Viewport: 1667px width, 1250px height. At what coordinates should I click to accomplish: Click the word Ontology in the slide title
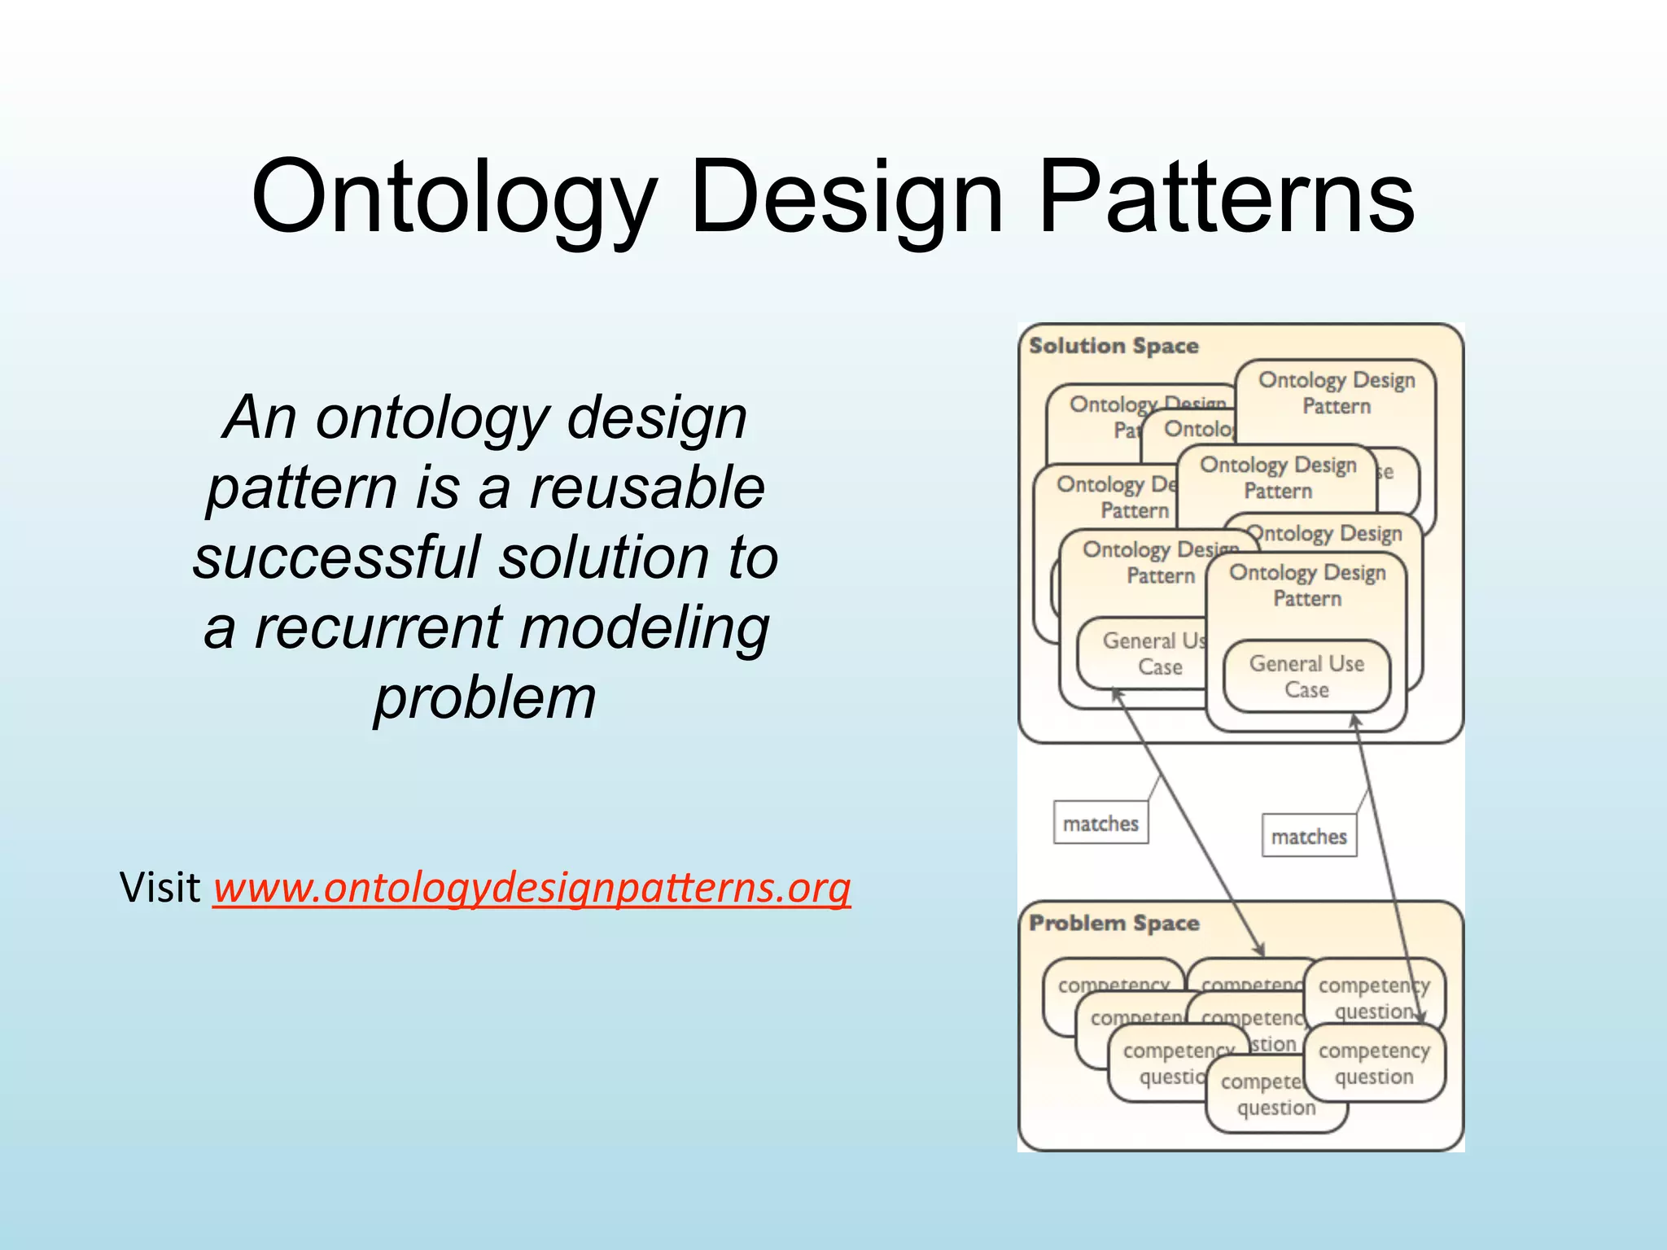click(453, 198)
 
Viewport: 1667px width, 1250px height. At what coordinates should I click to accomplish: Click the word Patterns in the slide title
click(1227, 198)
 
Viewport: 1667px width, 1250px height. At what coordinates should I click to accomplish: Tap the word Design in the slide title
click(847, 198)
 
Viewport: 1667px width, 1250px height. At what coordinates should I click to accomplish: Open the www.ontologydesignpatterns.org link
click(532, 887)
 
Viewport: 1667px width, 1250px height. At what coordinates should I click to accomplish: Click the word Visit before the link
click(160, 887)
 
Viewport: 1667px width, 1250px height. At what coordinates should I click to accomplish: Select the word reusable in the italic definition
click(647, 487)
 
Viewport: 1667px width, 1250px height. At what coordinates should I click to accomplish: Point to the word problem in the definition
click(485, 698)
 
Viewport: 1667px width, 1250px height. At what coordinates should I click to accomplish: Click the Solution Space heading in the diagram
click(1114, 346)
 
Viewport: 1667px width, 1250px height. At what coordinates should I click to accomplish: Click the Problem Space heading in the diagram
click(1114, 923)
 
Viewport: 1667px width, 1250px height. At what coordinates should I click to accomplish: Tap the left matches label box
click(1100, 823)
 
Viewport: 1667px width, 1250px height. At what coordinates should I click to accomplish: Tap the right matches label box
click(1309, 836)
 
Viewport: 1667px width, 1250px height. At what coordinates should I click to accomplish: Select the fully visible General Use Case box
click(1306, 676)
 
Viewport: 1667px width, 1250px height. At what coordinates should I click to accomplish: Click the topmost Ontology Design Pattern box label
click(1336, 392)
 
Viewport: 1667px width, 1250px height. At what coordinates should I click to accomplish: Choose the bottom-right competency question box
click(1374, 1064)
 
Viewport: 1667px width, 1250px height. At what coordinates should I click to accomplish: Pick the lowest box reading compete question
click(1270, 1095)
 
